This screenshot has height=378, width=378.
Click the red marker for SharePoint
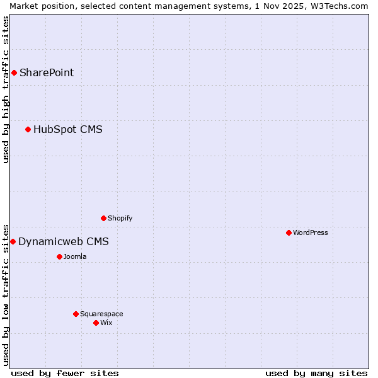[14, 72]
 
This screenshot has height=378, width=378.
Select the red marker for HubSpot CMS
[28, 130]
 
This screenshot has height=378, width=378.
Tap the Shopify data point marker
[103, 218]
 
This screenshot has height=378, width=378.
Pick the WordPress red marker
[289, 232]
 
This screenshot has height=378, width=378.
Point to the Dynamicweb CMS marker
[13, 241]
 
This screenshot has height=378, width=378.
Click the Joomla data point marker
[59, 256]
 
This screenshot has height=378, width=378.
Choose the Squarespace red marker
[76, 314]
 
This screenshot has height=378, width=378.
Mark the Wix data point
[96, 323]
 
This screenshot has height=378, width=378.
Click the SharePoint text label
[47, 72]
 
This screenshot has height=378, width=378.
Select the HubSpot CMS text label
[68, 130]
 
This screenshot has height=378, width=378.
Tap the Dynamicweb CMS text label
[64, 241]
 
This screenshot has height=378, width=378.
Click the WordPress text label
[311, 232]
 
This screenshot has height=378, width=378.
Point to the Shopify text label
[120, 218]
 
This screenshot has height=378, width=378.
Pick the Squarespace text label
[101, 314]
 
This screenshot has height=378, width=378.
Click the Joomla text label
[75, 256]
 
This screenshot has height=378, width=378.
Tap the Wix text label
[106, 323]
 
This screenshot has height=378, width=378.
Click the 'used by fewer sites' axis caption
[65, 373]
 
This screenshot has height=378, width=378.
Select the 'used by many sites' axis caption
[316, 373]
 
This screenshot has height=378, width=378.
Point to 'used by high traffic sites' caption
[6, 89]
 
